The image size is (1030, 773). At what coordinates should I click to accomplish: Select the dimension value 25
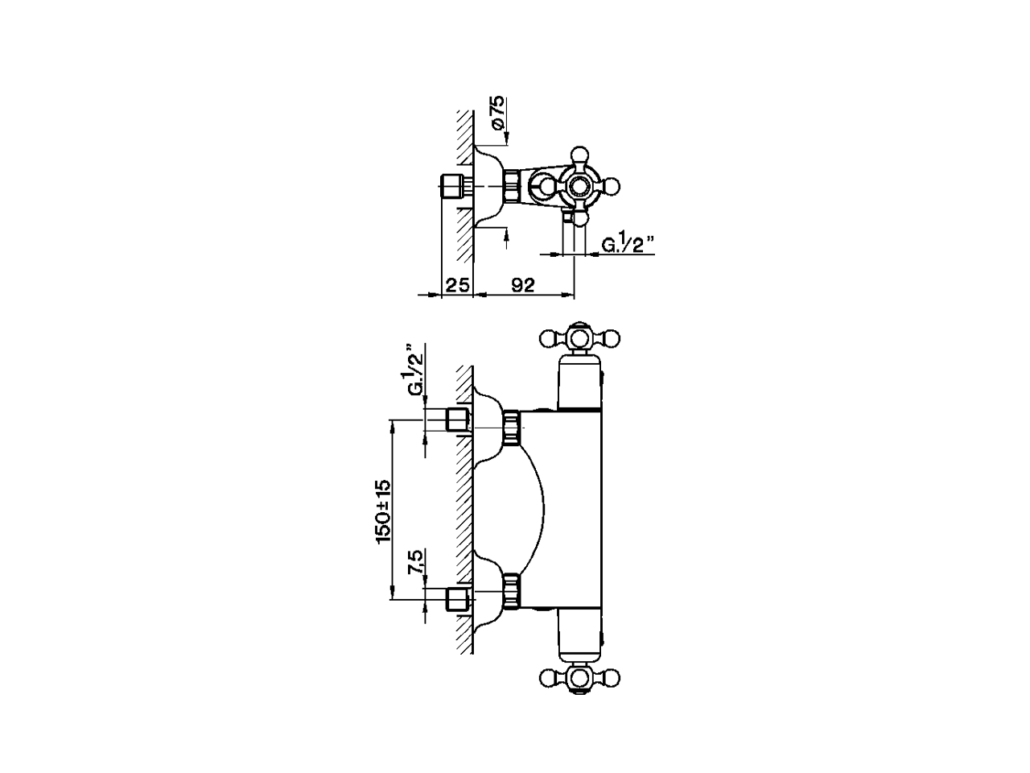tap(457, 285)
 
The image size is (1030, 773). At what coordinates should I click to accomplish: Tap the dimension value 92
tap(523, 285)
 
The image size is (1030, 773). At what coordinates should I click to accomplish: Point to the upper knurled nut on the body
tap(511, 427)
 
